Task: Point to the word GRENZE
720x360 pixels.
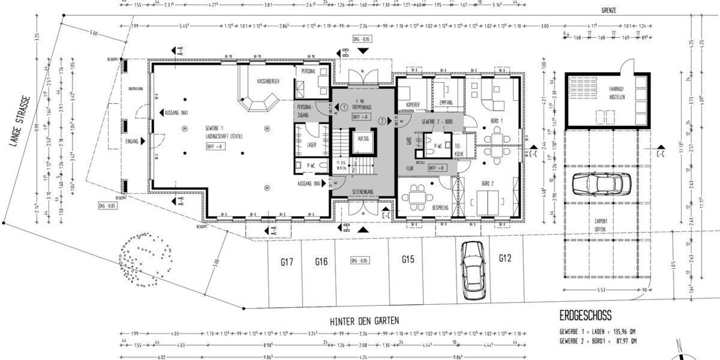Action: click(610, 11)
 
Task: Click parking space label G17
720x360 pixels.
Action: click(286, 262)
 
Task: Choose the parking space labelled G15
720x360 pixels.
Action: click(409, 259)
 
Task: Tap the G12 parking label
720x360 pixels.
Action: click(505, 258)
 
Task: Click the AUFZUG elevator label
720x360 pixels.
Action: click(363, 138)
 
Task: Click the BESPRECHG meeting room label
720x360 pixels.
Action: click(440, 207)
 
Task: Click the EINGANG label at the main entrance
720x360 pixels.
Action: click(133, 142)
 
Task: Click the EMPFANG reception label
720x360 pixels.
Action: click(446, 102)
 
